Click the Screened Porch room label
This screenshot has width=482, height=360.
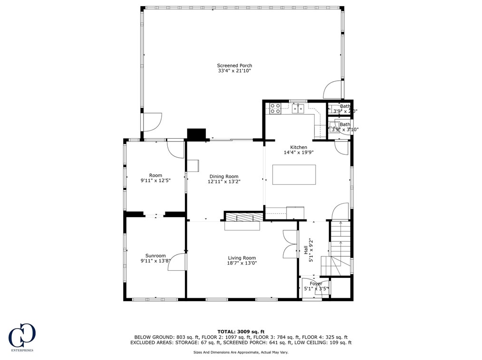coord(234,66)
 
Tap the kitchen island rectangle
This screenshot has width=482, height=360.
coord(294,174)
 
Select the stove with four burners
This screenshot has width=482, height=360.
coord(275,109)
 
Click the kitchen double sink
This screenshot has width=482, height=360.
coord(298,109)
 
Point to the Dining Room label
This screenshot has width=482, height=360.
coord(223,176)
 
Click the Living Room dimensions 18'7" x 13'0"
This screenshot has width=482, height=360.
coord(242,263)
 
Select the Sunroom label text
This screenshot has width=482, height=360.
coord(155,256)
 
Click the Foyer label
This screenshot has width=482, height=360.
coord(316,284)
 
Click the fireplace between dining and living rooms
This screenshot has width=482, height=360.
coord(243,221)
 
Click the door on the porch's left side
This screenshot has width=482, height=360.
coord(152,122)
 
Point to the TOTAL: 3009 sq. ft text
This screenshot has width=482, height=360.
coord(241,332)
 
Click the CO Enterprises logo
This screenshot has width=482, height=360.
coord(22,337)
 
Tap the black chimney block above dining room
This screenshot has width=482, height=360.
coord(196,135)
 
